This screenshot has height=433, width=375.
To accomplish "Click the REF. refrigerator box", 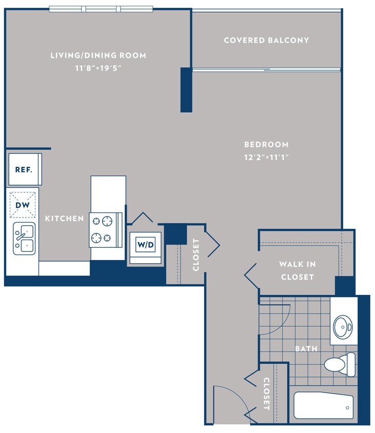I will coord(24,169).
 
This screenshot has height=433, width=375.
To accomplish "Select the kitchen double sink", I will coord(24,238).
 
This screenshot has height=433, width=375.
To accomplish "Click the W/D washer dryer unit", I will coord(145,245).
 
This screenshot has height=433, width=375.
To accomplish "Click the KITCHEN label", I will coord(64,219).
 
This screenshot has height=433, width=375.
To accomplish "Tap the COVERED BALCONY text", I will coord(266,40).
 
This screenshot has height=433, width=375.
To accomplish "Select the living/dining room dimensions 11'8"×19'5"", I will coord(98,67).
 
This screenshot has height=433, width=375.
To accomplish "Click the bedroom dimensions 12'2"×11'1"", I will coord(266,158).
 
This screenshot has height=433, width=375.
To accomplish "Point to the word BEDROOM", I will coord(266,145).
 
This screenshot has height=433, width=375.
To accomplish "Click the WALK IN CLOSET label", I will coord(297,270).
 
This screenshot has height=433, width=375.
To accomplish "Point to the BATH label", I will coord(306,349).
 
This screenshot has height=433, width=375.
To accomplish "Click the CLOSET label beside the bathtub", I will coord(266,393).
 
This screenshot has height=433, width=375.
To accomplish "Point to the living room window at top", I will coord(101,9).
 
